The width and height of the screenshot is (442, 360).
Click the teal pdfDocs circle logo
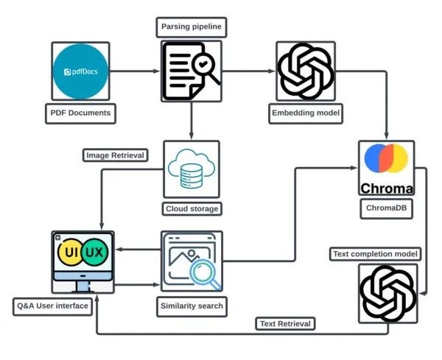click(80, 71)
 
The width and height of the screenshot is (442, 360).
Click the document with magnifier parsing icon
click(191, 71)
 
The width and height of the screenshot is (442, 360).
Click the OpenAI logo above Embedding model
click(304, 71)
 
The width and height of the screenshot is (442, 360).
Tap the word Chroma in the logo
click(387, 187)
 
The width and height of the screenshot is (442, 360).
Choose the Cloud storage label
click(191, 208)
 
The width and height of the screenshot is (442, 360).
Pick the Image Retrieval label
click(115, 155)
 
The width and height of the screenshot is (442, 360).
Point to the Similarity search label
click(191, 305)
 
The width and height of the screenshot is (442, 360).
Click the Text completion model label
click(376, 254)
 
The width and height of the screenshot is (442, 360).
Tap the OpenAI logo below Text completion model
click(387, 292)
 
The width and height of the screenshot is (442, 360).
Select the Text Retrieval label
click(285, 323)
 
